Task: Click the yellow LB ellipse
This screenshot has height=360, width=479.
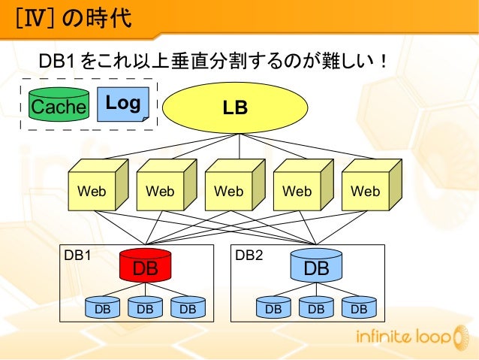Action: pos(235,107)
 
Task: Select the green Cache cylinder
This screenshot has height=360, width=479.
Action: pos(59,106)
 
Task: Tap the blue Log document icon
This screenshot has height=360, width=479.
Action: pos(122,104)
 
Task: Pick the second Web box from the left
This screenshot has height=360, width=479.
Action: pos(160,191)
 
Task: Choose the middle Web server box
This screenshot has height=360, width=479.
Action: pos(228,191)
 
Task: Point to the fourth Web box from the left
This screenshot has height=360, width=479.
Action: pos(297,191)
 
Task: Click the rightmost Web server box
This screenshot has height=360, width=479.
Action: pos(365,191)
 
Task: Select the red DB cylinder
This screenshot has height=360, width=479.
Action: pos(146,266)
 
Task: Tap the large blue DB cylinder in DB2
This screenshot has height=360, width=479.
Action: pos(316,266)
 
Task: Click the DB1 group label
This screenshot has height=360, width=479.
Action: pos(77,255)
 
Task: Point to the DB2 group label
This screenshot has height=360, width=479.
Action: pos(249,255)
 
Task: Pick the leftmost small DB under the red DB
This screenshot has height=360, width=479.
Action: pos(103,307)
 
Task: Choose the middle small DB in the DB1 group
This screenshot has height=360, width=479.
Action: pos(146,307)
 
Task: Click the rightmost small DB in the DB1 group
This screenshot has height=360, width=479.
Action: pos(188,307)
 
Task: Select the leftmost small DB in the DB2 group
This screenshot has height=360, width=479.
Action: pos(273,307)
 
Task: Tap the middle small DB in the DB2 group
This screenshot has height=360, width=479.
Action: pos(316,307)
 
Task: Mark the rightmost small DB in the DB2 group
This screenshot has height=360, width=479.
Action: pos(359,307)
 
